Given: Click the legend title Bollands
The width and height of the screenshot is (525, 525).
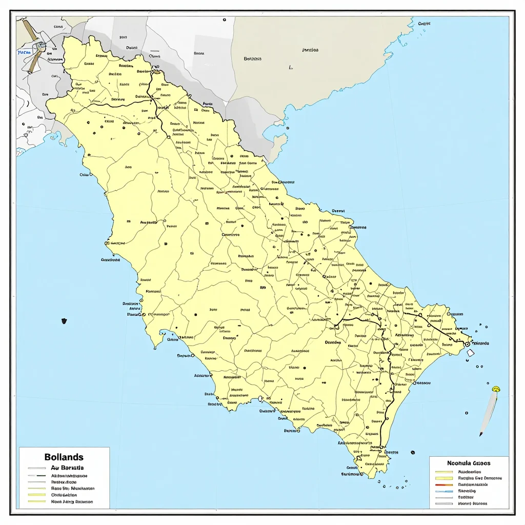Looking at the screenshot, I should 64,457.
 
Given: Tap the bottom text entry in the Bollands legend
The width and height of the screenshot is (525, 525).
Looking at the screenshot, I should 72,502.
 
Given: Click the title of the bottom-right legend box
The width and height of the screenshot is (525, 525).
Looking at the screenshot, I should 469,462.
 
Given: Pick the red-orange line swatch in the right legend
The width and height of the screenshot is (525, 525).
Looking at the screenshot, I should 443,484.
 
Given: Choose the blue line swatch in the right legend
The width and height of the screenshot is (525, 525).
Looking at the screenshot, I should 443,491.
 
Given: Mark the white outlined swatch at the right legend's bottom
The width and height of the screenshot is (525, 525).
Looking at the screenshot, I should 443,503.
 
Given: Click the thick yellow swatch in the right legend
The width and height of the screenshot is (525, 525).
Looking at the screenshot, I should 443,478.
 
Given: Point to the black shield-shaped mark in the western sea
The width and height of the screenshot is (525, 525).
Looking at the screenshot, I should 64,321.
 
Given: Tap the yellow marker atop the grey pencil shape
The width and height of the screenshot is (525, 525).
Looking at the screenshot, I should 495,389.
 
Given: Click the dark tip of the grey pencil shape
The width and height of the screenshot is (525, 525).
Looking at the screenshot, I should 481,434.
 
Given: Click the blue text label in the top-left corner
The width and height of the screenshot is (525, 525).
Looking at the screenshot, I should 24,52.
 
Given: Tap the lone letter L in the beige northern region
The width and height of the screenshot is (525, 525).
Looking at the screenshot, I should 291,67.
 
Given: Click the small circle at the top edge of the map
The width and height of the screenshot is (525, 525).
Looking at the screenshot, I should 224,19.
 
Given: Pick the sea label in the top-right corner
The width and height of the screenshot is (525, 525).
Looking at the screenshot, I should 423,24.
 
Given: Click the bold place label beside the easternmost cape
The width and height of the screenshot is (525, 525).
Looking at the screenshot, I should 480,343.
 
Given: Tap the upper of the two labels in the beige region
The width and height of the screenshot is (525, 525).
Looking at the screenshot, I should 310,50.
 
